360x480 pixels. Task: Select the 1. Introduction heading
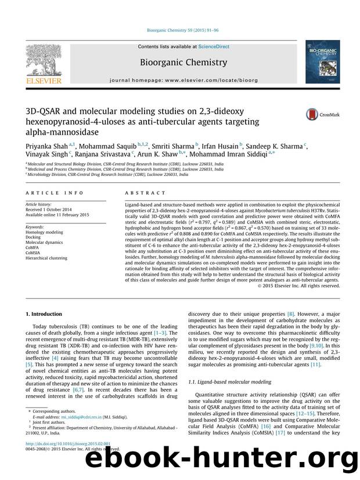pyautogui.click(x=45, y=314)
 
